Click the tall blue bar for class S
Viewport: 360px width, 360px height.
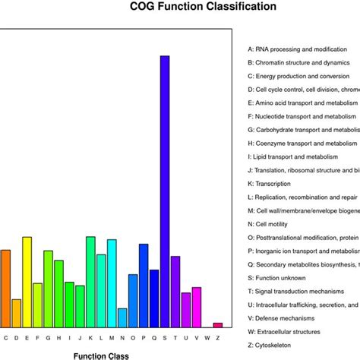(165, 190)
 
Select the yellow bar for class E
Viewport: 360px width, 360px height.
(27, 281)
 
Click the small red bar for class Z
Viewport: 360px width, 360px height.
(218, 324)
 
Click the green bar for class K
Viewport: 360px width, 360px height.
(90, 281)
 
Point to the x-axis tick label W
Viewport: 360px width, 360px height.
(207, 336)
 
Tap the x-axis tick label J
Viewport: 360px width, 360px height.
(81, 336)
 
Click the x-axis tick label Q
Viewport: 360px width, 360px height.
(154, 336)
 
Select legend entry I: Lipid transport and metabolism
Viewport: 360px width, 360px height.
(297, 156)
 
